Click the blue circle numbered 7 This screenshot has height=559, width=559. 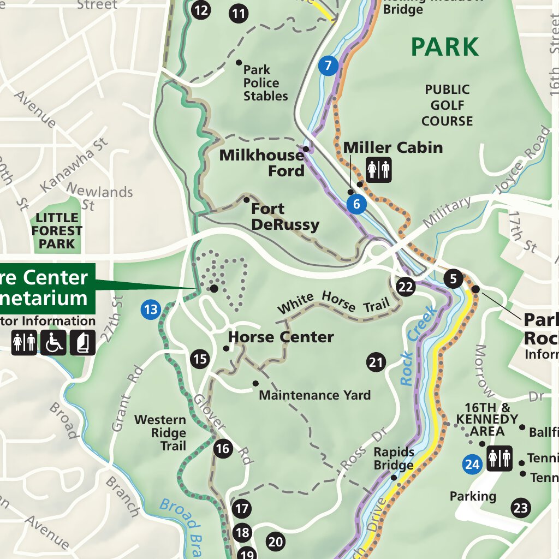click(x=328, y=66)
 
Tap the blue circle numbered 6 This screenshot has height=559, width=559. click(x=356, y=204)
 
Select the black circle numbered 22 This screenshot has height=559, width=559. click(x=406, y=287)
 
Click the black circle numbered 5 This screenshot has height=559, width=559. click(x=453, y=279)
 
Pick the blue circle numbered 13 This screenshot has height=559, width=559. click(x=150, y=310)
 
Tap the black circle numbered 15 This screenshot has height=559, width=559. click(x=200, y=359)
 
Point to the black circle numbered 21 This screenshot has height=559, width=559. click(x=376, y=362)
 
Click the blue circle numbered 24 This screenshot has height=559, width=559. click(x=472, y=465)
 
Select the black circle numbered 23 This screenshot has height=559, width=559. click(x=521, y=508)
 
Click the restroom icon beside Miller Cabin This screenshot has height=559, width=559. click(x=379, y=170)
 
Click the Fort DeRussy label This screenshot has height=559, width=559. click(x=285, y=216)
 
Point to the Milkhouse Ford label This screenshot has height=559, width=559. click(x=262, y=163)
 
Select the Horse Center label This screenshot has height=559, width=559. click(x=281, y=337)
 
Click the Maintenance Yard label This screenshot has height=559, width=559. click(x=314, y=395)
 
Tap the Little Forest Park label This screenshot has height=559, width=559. click(x=56, y=231)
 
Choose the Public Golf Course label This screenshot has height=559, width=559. click(x=447, y=105)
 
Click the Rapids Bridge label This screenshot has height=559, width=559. click(x=394, y=459)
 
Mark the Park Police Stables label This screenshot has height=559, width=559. click(x=265, y=83)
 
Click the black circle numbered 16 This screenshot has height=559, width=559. click(x=223, y=449)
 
